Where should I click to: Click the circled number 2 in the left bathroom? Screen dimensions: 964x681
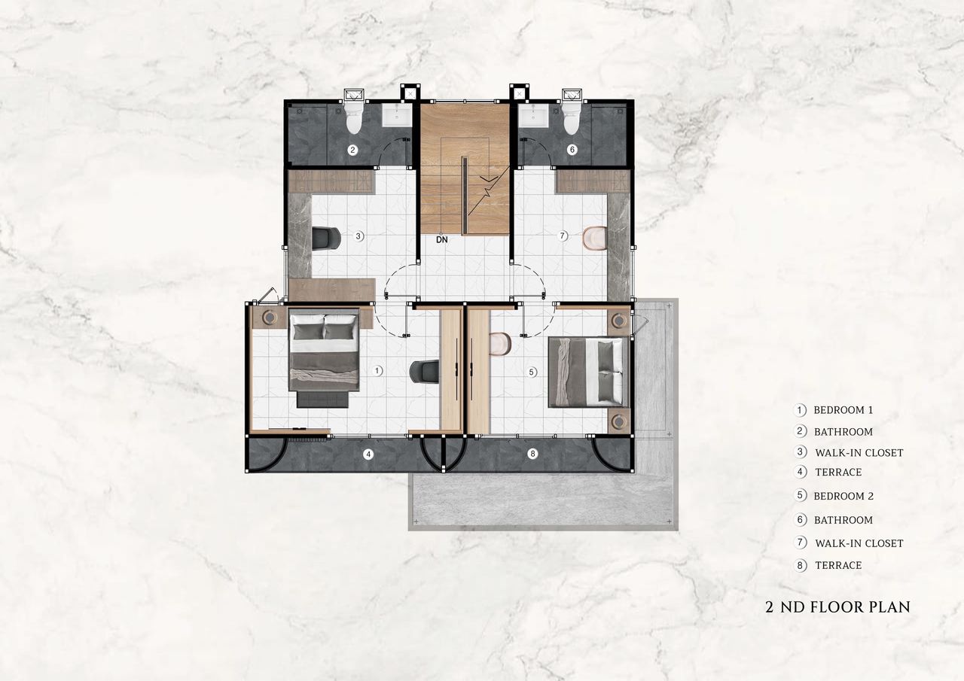[x=352, y=150]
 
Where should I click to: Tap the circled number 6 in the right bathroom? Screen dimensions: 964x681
[x=572, y=150]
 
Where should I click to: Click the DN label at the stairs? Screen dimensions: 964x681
[x=442, y=240]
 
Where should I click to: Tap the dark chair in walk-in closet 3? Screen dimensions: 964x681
[x=326, y=239]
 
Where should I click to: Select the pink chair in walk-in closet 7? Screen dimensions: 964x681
[x=595, y=238]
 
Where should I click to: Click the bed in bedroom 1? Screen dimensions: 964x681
[x=324, y=357]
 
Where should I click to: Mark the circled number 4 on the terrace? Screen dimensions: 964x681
[x=368, y=454]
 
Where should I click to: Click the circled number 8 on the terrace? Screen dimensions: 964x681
[x=532, y=454]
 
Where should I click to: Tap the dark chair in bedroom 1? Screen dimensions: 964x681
[x=424, y=372]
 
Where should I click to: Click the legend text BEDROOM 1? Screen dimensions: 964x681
[x=843, y=410]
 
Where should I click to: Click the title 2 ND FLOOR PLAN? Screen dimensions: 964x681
[x=838, y=607]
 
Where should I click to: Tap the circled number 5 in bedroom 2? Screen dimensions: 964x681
[x=532, y=372]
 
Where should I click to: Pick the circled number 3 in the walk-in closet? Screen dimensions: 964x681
[x=358, y=236]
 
